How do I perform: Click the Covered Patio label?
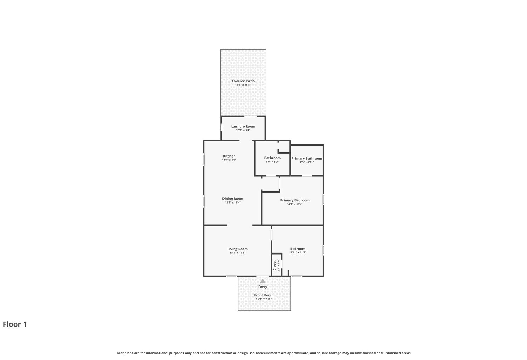pyautogui.click(x=243, y=81)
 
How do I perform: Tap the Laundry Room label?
pyautogui.click(x=243, y=126)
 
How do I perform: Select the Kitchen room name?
pyautogui.click(x=229, y=156)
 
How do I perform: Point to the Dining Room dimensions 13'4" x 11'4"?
pyautogui.click(x=233, y=202)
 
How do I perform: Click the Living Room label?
pyautogui.click(x=238, y=249)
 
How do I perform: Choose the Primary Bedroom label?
pyautogui.click(x=295, y=200)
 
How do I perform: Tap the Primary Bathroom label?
pyautogui.click(x=307, y=159)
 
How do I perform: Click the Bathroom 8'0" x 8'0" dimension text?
pyautogui.click(x=272, y=162)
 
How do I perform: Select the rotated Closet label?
pyautogui.click(x=274, y=265)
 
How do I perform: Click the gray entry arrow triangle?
pyautogui.click(x=262, y=281)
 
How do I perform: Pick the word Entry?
pyautogui.click(x=262, y=287)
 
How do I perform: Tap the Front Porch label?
pyautogui.click(x=264, y=295)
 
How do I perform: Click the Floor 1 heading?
pyautogui.click(x=15, y=324)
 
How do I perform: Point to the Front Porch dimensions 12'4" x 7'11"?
pyautogui.click(x=264, y=299)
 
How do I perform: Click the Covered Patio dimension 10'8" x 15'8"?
pyautogui.click(x=243, y=85)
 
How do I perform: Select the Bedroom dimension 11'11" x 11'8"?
pyautogui.click(x=298, y=253)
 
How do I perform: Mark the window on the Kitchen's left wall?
pyautogui.click(x=204, y=159)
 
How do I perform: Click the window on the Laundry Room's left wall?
pyautogui.click(x=221, y=128)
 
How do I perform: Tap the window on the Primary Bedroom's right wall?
pyautogui.click(x=323, y=199)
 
